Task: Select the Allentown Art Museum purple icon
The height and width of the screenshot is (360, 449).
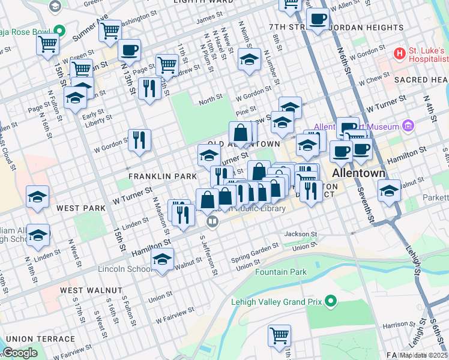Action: [409, 126]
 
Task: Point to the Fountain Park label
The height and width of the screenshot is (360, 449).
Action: [281, 272]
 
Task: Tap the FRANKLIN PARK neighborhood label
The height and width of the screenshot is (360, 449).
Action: [163, 176]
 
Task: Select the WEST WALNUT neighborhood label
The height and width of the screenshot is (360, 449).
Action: [91, 290]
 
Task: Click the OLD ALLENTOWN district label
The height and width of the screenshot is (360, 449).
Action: [243, 145]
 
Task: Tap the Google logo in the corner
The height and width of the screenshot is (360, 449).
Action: [19, 353]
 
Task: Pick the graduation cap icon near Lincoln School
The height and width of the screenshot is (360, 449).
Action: [162, 259]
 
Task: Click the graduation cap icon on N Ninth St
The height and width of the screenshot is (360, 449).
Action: [249, 59]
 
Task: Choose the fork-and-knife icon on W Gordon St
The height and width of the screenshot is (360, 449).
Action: [139, 140]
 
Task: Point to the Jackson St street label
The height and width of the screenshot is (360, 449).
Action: [300, 234]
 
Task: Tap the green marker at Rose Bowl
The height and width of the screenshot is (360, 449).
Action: [59, 30]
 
